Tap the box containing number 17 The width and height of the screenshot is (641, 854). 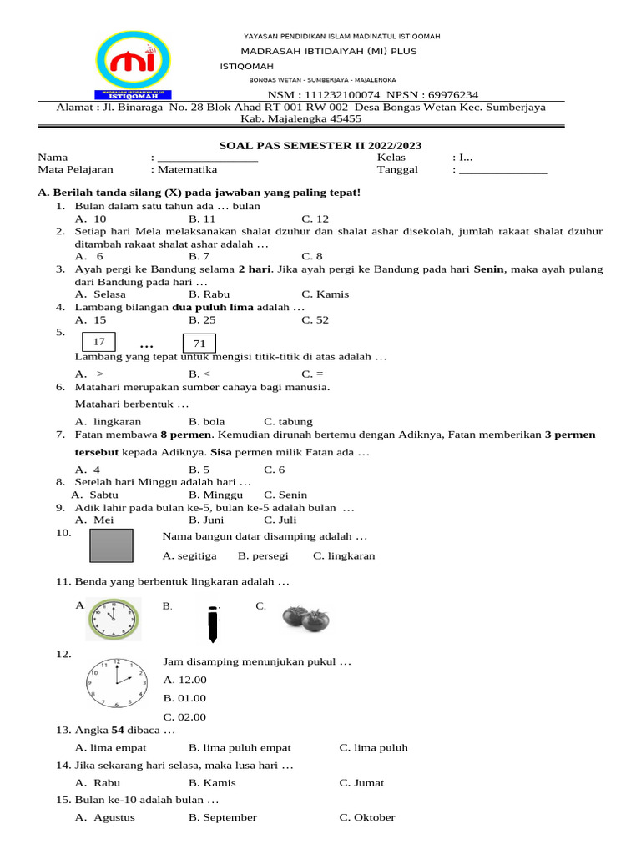[99, 343]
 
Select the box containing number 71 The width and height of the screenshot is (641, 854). [199, 344]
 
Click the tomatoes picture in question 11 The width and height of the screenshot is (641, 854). [305, 618]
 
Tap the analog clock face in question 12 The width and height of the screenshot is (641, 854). [117, 681]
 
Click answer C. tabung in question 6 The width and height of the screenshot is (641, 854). [288, 422]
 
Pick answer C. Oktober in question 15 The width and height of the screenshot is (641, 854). [367, 817]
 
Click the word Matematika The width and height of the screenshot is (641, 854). [189, 169]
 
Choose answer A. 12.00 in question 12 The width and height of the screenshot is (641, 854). [185, 681]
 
